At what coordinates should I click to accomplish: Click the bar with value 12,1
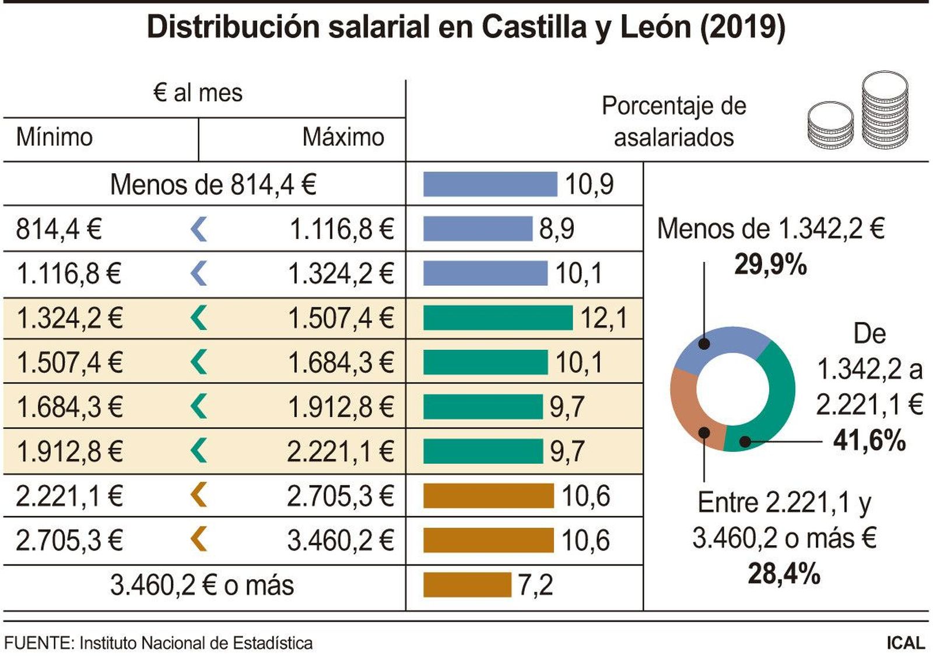[x=497, y=318]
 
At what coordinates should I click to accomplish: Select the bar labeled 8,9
[x=477, y=229]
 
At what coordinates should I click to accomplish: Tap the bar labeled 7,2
[x=466, y=585]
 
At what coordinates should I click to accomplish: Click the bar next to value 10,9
[x=490, y=184]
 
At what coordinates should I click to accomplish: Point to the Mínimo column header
[x=54, y=138]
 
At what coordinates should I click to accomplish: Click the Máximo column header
[x=343, y=138]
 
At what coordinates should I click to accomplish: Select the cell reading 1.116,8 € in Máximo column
[x=342, y=229]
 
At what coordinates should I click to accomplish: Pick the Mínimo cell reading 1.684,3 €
[x=69, y=407]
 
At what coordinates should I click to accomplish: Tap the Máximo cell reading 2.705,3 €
[x=341, y=497]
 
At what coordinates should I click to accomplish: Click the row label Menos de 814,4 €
[x=213, y=185]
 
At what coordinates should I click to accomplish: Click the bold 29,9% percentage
[x=770, y=265]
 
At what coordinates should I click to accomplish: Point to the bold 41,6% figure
[x=869, y=440]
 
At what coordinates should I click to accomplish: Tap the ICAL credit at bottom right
[x=906, y=643]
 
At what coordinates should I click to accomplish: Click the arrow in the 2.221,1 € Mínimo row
[x=199, y=496]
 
